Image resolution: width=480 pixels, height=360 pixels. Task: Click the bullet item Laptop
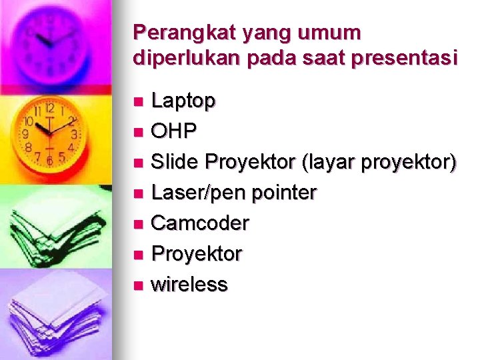point(183,101)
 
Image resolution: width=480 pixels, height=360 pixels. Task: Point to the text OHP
point(173,131)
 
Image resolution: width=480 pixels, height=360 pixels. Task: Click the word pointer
point(285,193)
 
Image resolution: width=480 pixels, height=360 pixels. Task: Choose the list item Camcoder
point(200,223)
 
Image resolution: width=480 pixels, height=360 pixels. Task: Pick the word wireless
point(189,285)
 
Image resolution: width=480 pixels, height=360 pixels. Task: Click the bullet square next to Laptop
point(138,102)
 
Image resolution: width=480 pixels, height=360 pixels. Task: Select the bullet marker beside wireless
point(138,286)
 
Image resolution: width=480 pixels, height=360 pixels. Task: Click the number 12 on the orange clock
point(49,108)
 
